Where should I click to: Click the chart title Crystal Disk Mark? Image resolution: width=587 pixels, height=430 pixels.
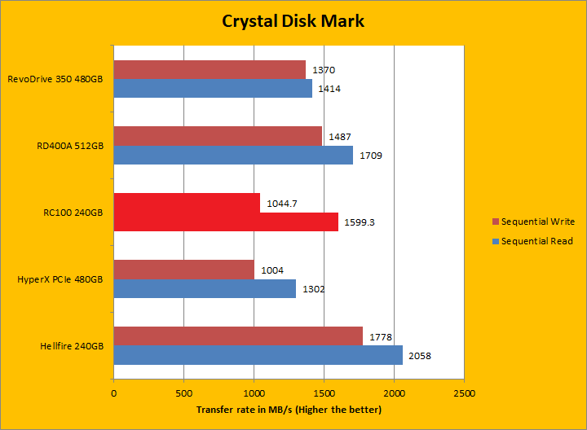(293, 21)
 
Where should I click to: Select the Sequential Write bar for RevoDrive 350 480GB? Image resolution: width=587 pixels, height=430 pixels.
(210, 70)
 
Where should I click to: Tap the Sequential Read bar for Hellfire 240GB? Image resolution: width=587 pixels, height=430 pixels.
(258, 355)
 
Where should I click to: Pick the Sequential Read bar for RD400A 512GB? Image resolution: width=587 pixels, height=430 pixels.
(233, 155)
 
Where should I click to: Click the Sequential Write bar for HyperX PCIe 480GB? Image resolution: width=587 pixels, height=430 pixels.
(183, 270)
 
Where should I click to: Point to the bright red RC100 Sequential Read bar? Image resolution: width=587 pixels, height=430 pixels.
(226, 222)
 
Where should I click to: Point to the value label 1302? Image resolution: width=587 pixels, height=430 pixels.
(313, 289)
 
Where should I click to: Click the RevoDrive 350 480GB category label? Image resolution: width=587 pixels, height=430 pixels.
(55, 79)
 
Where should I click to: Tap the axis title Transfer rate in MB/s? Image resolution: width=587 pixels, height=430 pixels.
(289, 410)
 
